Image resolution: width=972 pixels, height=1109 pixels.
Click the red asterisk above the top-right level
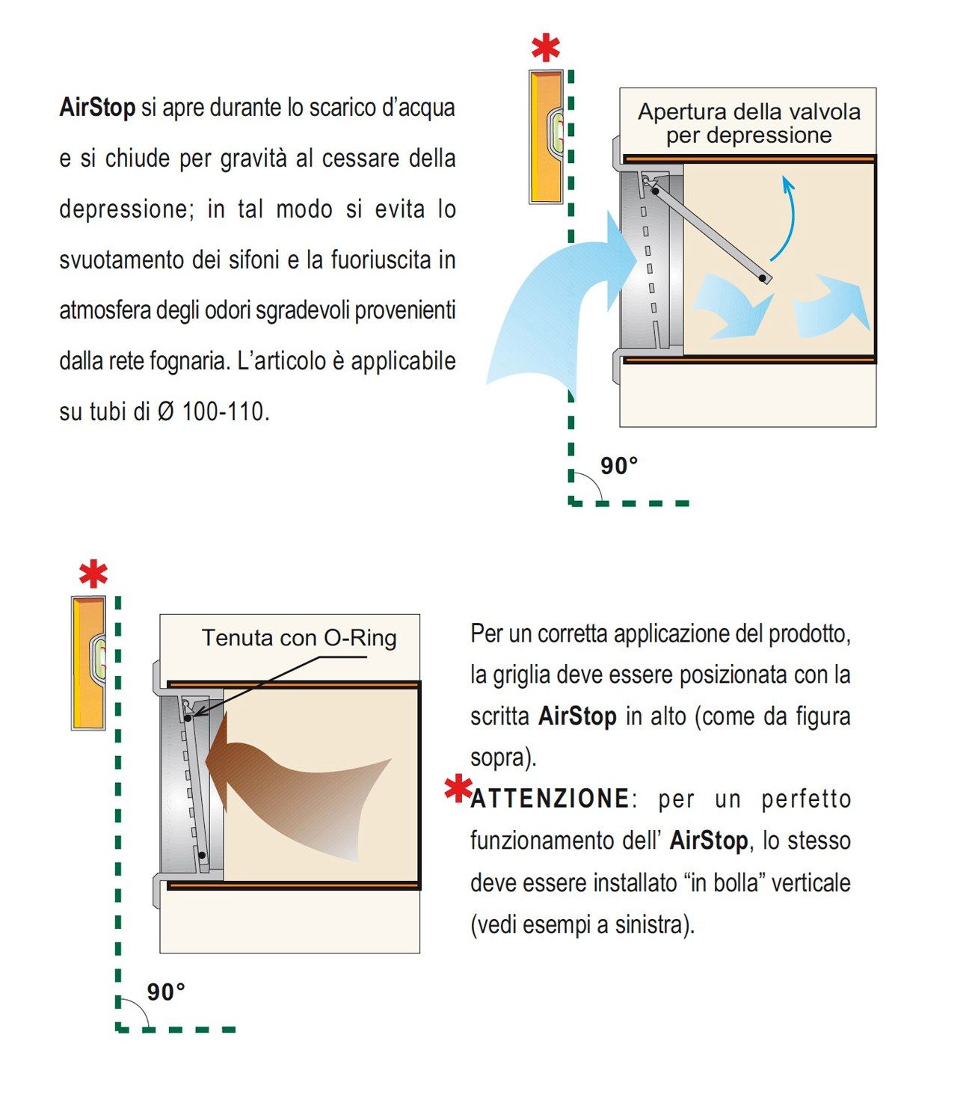[x=546, y=49]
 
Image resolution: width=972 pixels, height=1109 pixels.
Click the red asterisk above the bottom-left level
[x=93, y=574]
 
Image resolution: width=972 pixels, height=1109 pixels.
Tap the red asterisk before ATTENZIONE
[x=457, y=790]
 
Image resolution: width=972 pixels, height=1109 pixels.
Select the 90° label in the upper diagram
[x=619, y=466]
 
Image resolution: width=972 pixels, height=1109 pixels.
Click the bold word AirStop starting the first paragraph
[x=97, y=108]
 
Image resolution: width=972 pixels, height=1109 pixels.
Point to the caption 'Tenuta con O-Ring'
[x=299, y=638]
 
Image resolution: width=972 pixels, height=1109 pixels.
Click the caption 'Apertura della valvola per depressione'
[x=748, y=123]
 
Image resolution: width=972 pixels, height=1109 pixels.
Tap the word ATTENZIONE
[x=550, y=799]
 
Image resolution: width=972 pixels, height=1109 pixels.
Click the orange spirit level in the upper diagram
[x=546, y=137]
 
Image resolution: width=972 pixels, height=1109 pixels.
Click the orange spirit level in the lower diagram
[x=88, y=663]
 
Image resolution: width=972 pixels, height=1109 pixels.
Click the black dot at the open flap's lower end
[x=762, y=278]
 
